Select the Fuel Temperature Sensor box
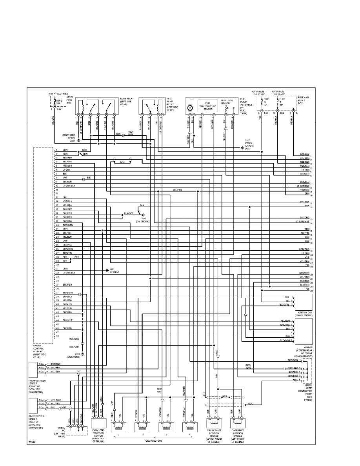click(x=208, y=106)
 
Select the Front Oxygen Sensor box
click(x=37, y=369)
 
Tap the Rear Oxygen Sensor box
click(x=37, y=406)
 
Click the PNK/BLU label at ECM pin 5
click(x=67, y=166)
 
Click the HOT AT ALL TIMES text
click(x=57, y=94)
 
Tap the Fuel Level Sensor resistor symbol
click(x=226, y=106)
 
